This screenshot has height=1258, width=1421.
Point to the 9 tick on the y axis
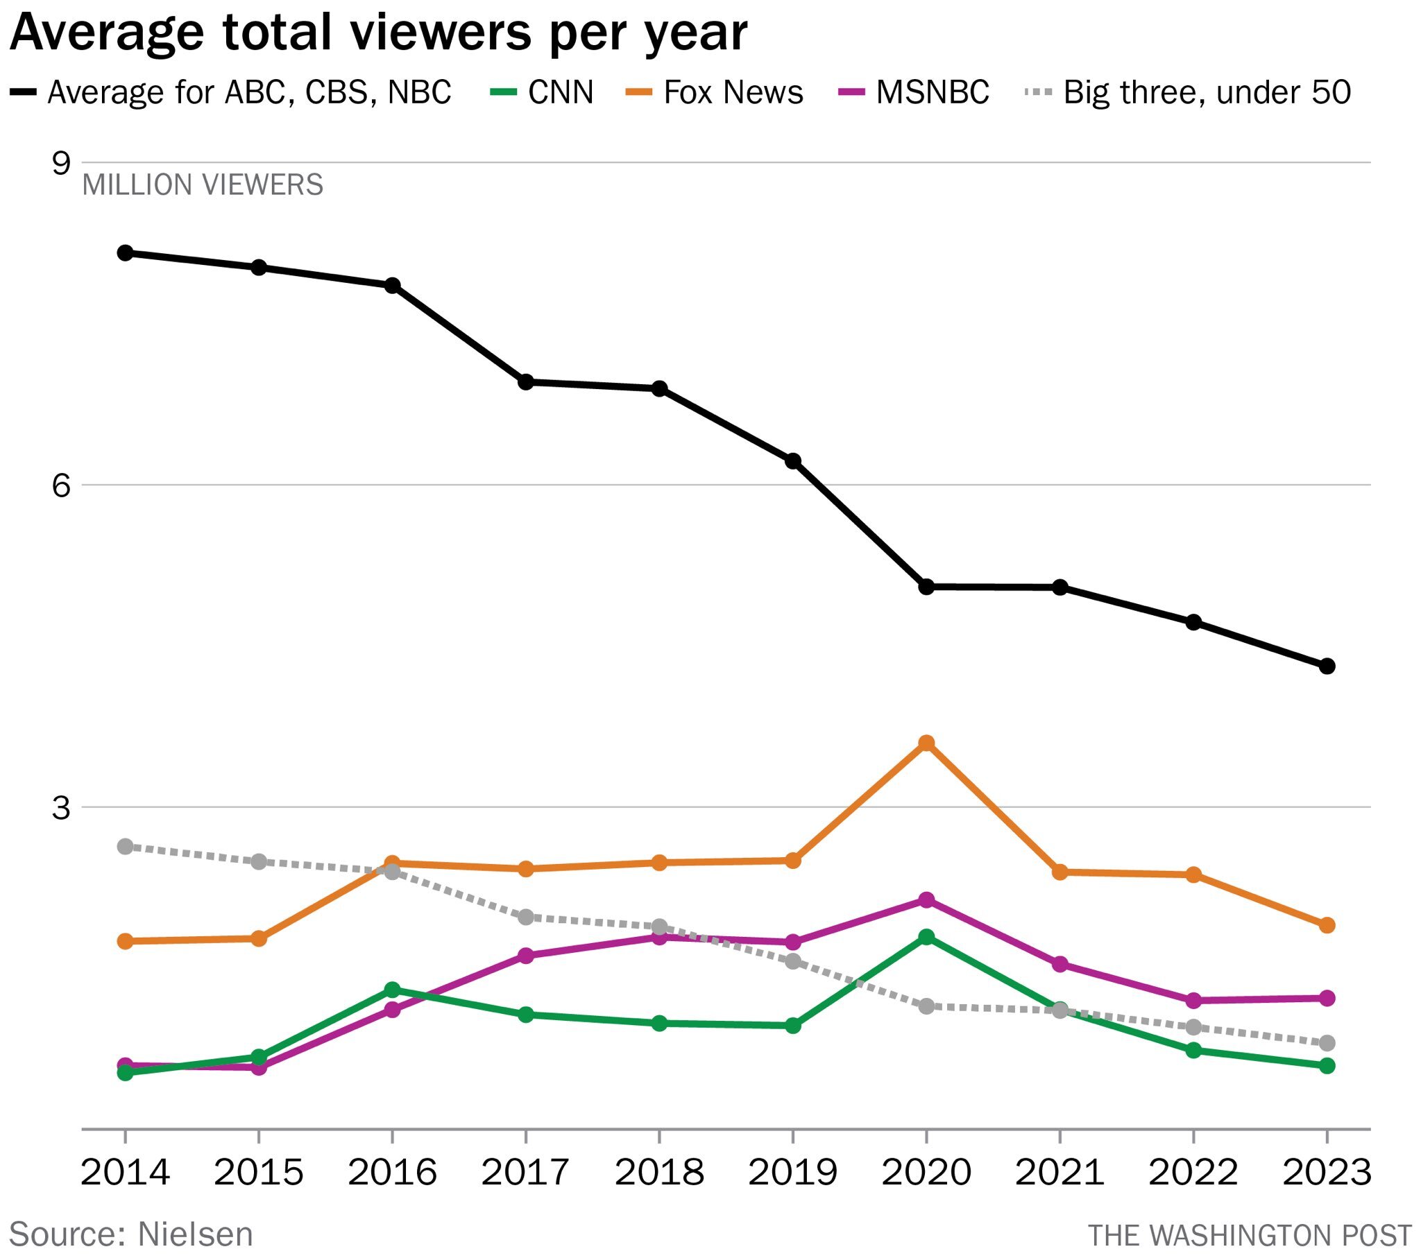pos(61,164)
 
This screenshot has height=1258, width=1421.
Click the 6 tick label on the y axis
pos(61,485)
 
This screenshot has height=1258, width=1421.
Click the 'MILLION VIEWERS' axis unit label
pos(203,185)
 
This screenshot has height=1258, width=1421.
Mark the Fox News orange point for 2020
pos(926,743)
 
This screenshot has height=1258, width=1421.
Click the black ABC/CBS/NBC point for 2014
pos(125,252)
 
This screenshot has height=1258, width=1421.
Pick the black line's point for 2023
pos(1327,666)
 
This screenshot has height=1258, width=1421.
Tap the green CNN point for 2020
pos(926,937)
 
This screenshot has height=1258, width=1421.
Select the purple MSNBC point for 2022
pos(1193,1000)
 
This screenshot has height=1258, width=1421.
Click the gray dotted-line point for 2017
pos(525,917)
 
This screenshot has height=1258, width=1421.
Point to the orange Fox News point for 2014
pos(125,941)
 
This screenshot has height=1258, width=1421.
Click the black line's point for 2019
pos(792,460)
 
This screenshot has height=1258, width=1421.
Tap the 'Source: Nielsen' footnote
pos(130,1234)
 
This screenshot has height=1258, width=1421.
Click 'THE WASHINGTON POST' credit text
pos(1250,1235)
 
